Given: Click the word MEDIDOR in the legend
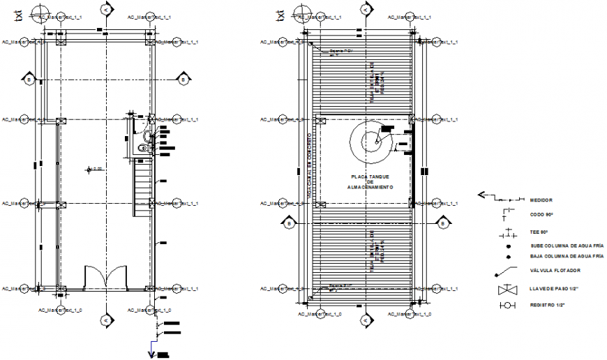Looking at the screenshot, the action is [x=541, y=200].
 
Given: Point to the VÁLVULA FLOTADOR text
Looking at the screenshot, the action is [x=555, y=271].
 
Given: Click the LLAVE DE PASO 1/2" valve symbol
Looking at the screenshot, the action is [x=506, y=290].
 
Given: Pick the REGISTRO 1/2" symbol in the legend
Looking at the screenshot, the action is [x=506, y=306].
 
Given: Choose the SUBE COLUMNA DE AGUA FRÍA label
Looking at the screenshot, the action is [x=567, y=246].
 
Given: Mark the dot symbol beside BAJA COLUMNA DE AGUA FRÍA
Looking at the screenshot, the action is [x=508, y=257].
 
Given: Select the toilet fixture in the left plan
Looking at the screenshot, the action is [x=143, y=147].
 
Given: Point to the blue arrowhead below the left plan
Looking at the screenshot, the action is [x=151, y=354].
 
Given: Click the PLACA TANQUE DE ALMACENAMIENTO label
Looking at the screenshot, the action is [x=372, y=183].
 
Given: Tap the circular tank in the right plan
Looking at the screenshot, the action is [x=375, y=142].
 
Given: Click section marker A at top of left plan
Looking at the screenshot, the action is [x=105, y=10].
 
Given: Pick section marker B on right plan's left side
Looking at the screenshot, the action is [x=288, y=223].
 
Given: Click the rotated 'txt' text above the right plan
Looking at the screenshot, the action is [x=280, y=15].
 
